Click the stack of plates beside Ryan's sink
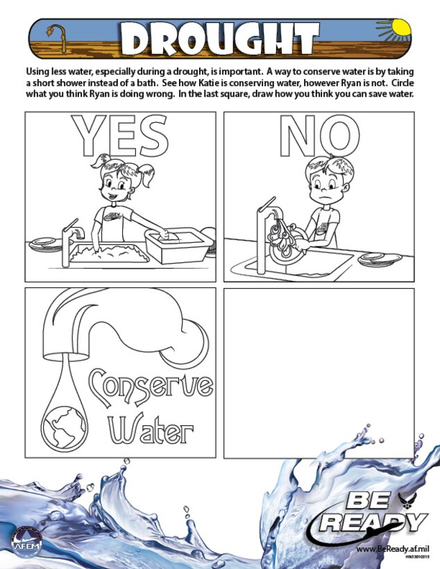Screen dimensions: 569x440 pyautogui.click(x=381, y=258)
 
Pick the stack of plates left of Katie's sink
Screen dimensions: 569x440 pyautogui.click(x=43, y=244)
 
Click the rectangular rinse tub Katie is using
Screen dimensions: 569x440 pyautogui.click(x=178, y=244)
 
